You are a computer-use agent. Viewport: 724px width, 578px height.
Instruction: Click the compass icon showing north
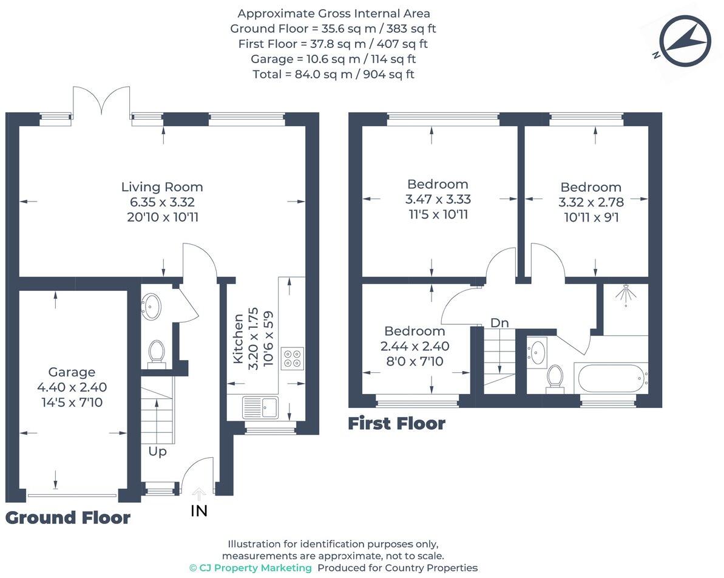tap(686, 41)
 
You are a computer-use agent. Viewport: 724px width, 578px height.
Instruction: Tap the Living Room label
tap(162, 188)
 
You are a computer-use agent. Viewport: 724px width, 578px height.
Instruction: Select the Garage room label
tap(72, 372)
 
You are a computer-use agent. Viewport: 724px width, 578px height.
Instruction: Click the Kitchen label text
tap(238, 338)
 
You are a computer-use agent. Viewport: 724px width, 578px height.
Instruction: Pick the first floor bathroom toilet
tap(555, 377)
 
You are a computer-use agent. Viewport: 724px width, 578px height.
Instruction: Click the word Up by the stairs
tap(158, 452)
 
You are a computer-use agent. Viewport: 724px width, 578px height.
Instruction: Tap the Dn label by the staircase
tap(499, 323)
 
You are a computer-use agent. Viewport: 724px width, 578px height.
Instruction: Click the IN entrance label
tap(199, 511)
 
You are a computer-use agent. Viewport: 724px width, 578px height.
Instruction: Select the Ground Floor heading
tap(68, 518)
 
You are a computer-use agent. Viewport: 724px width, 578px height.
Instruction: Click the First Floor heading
tap(396, 424)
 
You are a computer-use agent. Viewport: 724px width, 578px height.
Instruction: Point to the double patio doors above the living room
tap(101, 101)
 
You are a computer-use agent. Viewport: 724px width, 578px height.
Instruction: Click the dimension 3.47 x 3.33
tap(438, 199)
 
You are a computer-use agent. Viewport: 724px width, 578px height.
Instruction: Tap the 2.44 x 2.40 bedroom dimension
tap(415, 347)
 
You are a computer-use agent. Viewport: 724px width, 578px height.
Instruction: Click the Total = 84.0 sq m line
tap(333, 74)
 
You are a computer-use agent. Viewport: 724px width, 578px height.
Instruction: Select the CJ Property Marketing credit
tap(251, 568)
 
